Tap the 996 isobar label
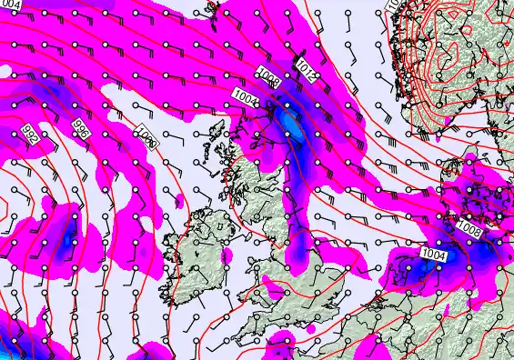(x=81, y=131)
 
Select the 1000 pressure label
(x=146, y=140)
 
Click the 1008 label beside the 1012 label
(x=269, y=78)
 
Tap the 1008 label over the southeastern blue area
(x=470, y=226)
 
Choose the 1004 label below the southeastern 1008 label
(x=434, y=255)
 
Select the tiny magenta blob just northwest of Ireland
(x=179, y=198)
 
